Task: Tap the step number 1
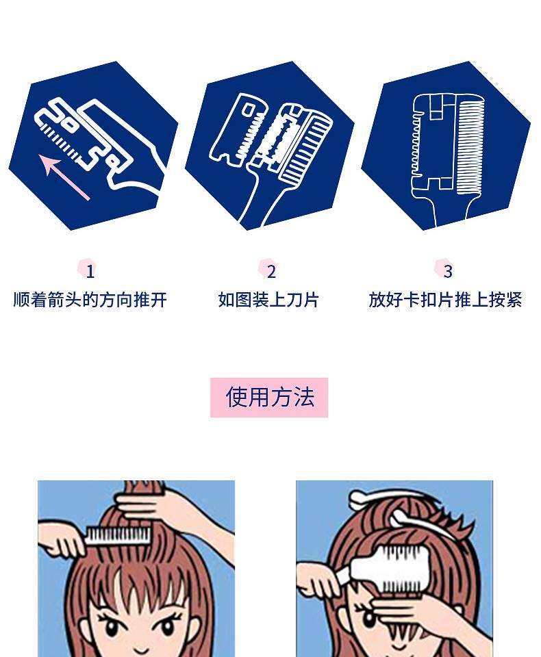click(x=90, y=272)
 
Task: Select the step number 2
click(x=271, y=272)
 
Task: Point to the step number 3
click(x=448, y=272)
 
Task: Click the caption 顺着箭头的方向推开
click(x=90, y=300)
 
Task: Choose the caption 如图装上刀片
click(x=268, y=300)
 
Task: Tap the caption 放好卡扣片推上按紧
click(x=445, y=300)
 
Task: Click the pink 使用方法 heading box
click(x=269, y=397)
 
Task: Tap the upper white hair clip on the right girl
click(x=386, y=497)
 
